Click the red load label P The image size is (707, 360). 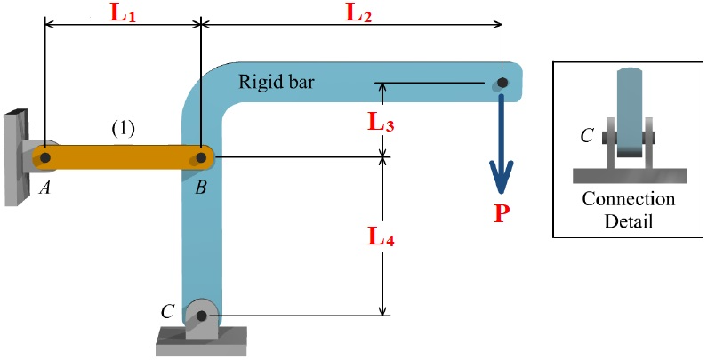[502, 214]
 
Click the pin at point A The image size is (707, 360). [44, 158]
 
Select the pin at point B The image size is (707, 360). [202, 158]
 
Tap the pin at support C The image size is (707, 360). [202, 316]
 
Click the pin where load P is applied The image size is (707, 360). [502, 83]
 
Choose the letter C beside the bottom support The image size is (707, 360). [166, 311]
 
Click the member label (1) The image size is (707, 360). [123, 129]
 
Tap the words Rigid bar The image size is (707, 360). [277, 83]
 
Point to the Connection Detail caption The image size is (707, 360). [628, 210]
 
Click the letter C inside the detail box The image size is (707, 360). [587, 135]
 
